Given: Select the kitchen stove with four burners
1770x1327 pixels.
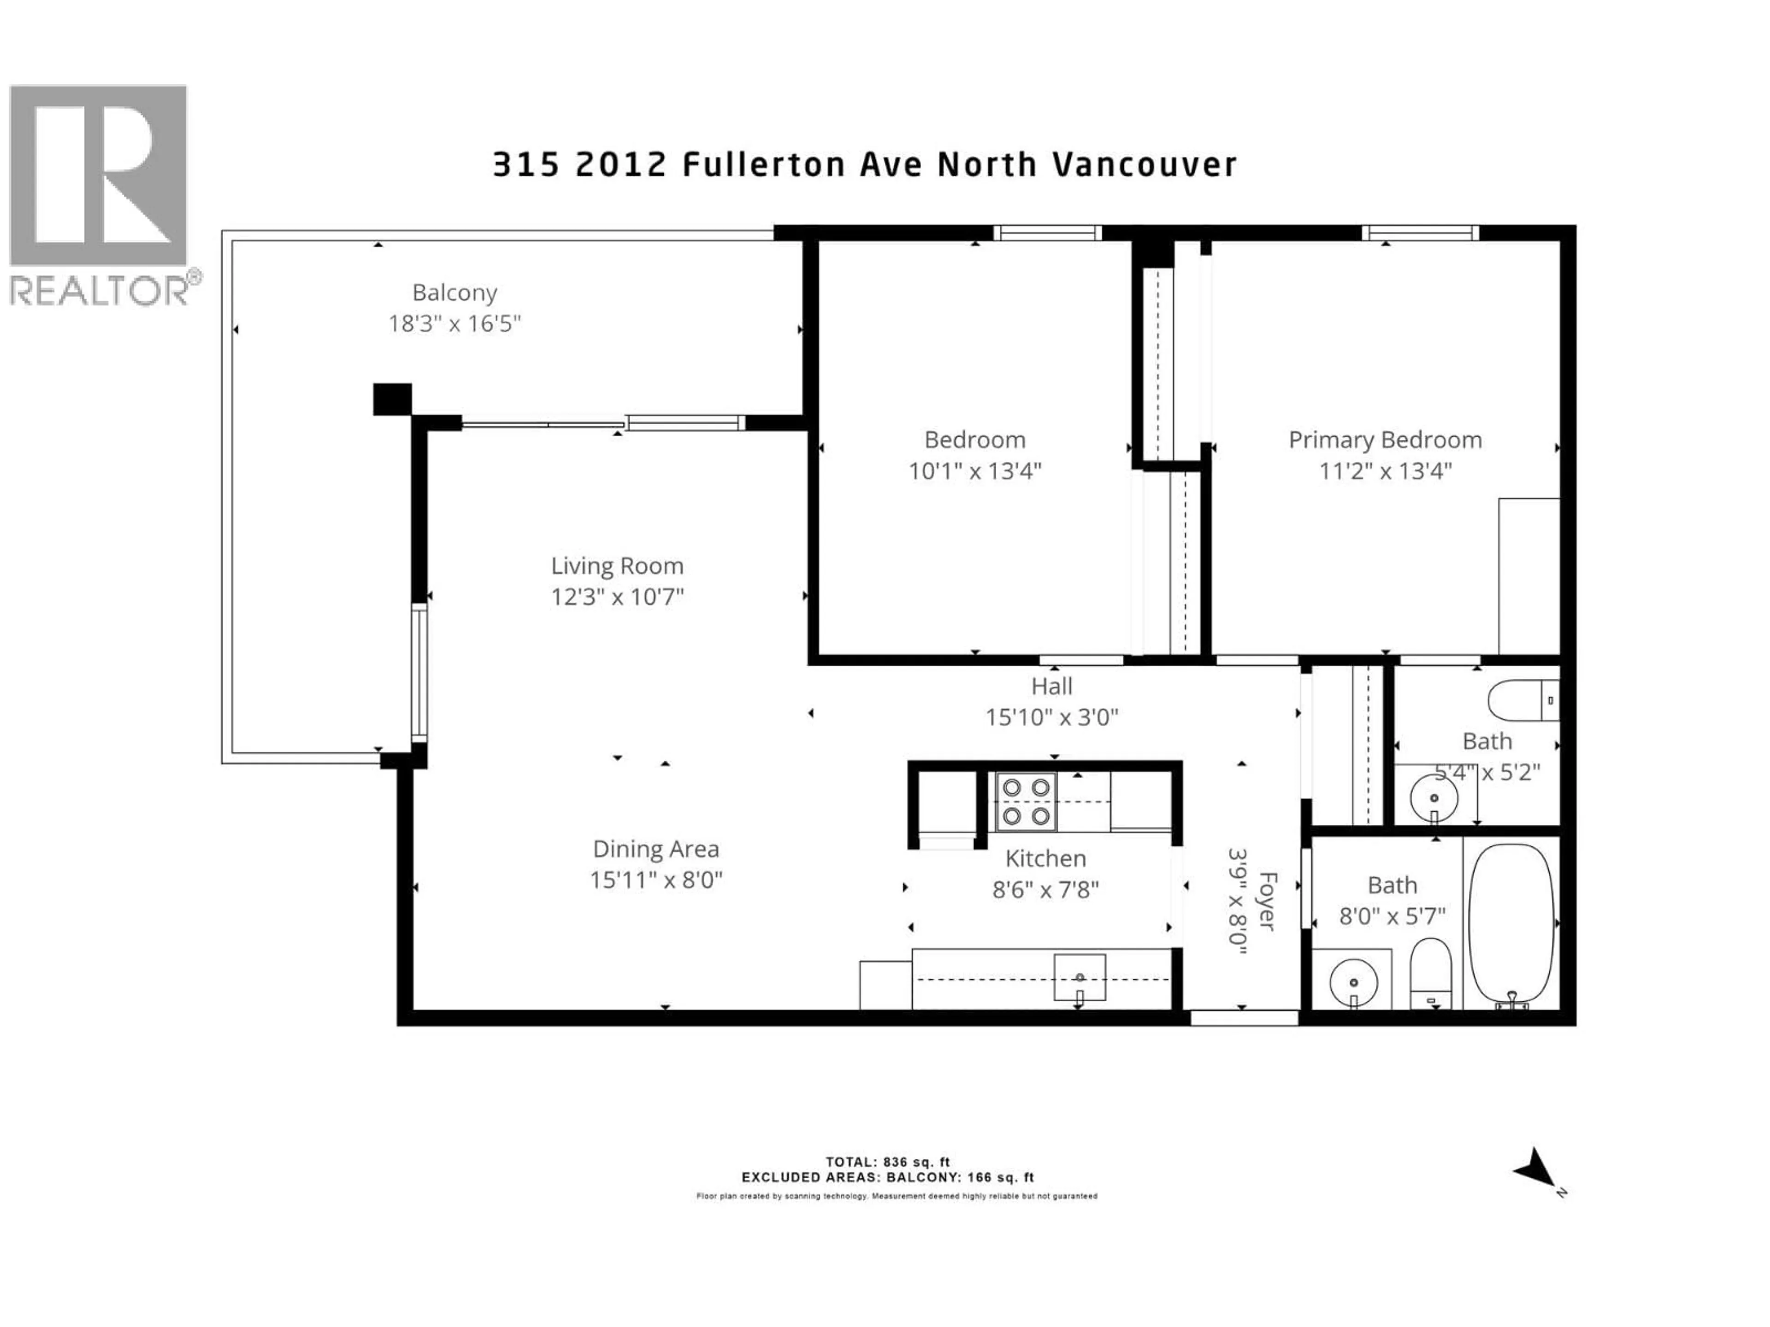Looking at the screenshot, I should (1026, 801).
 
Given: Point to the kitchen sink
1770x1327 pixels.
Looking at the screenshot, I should (1080, 977).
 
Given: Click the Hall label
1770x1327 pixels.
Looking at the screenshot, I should (1051, 686).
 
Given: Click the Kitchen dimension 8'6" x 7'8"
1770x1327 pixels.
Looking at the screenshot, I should (1045, 889).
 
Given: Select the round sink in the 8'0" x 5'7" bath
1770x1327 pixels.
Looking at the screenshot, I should (1353, 981).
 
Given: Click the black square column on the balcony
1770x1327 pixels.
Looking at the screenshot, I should (392, 399).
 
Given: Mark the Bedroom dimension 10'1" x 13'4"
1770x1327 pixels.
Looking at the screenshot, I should (974, 471).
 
